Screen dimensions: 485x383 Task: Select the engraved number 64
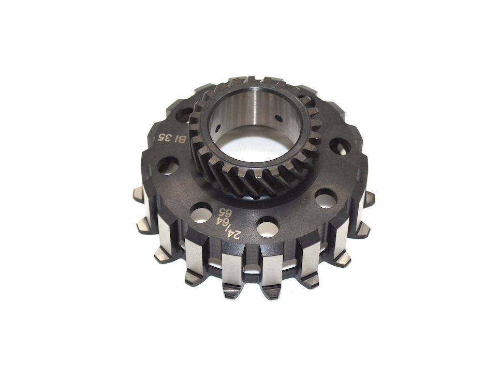click(225, 222)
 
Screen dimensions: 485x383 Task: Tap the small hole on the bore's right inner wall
click(278, 118)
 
